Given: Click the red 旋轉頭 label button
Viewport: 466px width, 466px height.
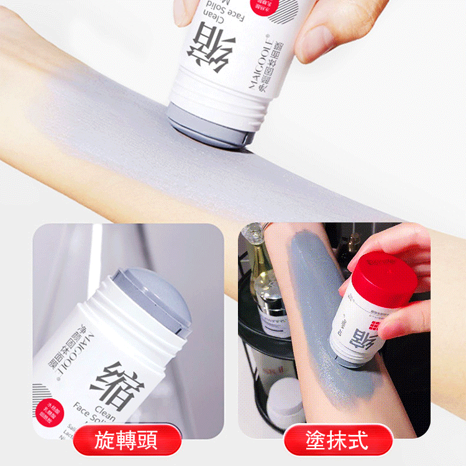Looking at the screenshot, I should [x=127, y=441].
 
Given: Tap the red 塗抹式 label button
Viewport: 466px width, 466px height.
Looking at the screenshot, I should [x=338, y=441].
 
